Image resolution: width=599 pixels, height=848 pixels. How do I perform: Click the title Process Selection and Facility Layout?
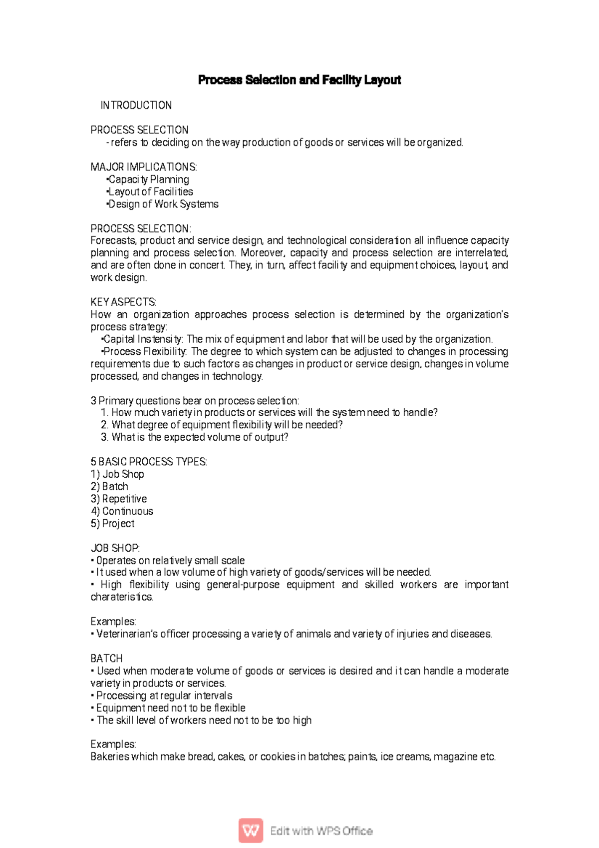pyautogui.click(x=299, y=80)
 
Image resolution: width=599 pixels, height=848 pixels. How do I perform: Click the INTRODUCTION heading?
pyautogui.click(x=136, y=105)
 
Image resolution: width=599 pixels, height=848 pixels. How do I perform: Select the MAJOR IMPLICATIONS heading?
pyautogui.click(x=144, y=167)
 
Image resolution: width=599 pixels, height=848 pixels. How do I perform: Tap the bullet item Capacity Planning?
pyautogui.click(x=148, y=179)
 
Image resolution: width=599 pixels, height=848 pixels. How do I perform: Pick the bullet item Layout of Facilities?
pyautogui.click(x=150, y=192)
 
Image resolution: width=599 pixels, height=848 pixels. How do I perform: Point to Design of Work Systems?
pyautogui.click(x=163, y=204)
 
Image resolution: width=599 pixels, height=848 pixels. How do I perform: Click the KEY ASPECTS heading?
pyautogui.click(x=123, y=302)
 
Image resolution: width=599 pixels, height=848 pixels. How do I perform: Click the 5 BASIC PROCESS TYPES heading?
pyautogui.click(x=149, y=462)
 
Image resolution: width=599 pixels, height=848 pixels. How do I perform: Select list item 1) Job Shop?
pyautogui.click(x=117, y=474)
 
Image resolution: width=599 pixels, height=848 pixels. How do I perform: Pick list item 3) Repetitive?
pyautogui.click(x=119, y=499)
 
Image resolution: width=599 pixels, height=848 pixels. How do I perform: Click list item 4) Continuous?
pyautogui.click(x=122, y=511)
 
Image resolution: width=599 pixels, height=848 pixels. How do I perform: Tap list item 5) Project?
pyautogui.click(x=112, y=524)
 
